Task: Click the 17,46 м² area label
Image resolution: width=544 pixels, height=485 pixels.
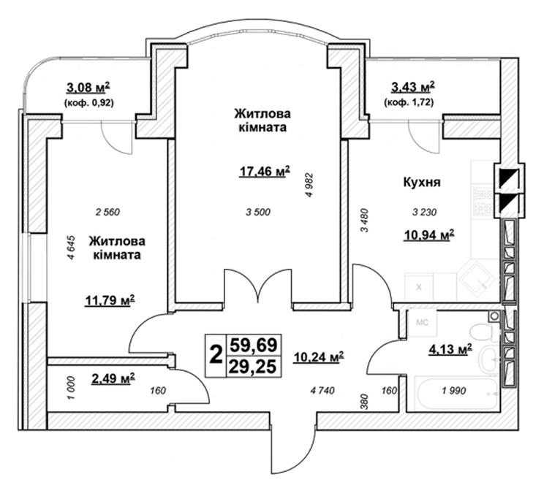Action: pos(265,171)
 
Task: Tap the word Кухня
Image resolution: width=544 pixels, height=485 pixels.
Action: pos(422,182)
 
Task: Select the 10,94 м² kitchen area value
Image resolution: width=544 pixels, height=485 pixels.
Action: pos(429,235)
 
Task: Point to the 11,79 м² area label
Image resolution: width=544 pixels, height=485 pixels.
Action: pos(110,300)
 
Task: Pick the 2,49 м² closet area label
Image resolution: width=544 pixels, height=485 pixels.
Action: pos(113,379)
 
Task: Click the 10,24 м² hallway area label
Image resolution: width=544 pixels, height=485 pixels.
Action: pos(319,356)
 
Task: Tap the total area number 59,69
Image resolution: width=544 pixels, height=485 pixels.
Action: pos(253,345)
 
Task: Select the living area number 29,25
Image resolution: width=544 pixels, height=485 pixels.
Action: pos(253,367)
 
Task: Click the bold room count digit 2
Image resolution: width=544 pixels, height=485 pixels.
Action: pos(216,355)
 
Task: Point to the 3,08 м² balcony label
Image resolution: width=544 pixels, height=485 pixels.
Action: pos(88,88)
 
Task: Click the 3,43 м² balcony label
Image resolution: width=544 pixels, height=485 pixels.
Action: pos(413,88)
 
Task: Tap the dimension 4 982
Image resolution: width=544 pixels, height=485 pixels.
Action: pos(309,185)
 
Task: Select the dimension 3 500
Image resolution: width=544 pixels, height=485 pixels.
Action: pos(258,212)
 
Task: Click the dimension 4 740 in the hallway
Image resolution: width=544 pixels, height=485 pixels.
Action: pos(322,391)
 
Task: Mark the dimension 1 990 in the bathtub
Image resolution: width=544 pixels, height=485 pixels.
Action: pos(454,391)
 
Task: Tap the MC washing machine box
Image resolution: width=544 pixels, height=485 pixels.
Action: pos(422,323)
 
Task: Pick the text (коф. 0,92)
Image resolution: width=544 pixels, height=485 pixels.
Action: pos(88,103)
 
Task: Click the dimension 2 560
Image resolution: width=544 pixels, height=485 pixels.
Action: pos(107,212)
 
